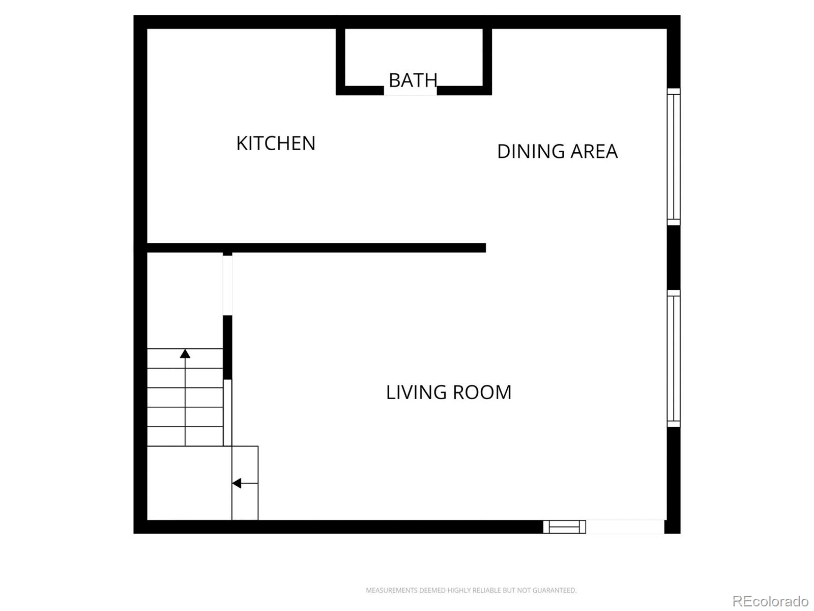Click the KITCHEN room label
(x=276, y=143)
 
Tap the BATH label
(x=413, y=80)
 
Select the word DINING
(x=531, y=151)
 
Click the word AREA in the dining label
(x=594, y=151)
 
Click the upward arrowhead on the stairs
(x=185, y=353)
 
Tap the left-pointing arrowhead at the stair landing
(x=237, y=483)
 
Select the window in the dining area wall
(x=674, y=156)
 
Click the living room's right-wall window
(x=674, y=358)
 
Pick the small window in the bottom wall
(x=564, y=527)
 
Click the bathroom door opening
(x=410, y=91)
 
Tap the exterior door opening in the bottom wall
(x=625, y=527)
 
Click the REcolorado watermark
(x=771, y=601)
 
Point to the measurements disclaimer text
(x=471, y=590)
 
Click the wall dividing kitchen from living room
(x=316, y=248)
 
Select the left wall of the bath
(x=340, y=62)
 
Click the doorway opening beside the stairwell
(x=227, y=285)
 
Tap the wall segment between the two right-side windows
(x=674, y=258)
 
